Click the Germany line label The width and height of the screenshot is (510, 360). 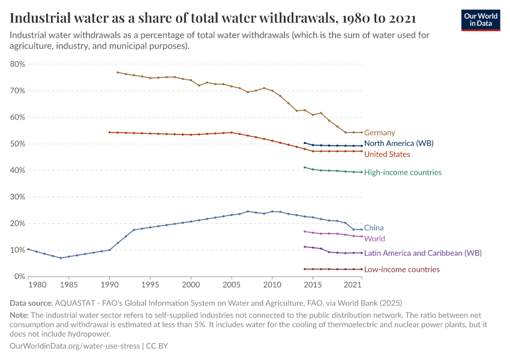click(379, 133)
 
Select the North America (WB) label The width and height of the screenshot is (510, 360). click(398, 143)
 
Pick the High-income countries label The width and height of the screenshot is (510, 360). click(403, 172)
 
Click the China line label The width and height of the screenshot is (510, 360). click(374, 228)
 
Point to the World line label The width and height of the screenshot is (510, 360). click(374, 239)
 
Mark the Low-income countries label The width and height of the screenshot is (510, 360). click(401, 270)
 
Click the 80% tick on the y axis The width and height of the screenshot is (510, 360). click(17, 64)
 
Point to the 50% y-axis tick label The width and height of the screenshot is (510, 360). click(17, 144)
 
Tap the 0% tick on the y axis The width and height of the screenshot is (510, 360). click(19, 277)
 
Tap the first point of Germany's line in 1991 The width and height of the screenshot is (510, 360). click(118, 73)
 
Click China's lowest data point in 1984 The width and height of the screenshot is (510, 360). click(61, 258)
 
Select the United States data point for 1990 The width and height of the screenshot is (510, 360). click(109, 132)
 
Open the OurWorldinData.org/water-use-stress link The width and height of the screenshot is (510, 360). click(74, 346)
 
